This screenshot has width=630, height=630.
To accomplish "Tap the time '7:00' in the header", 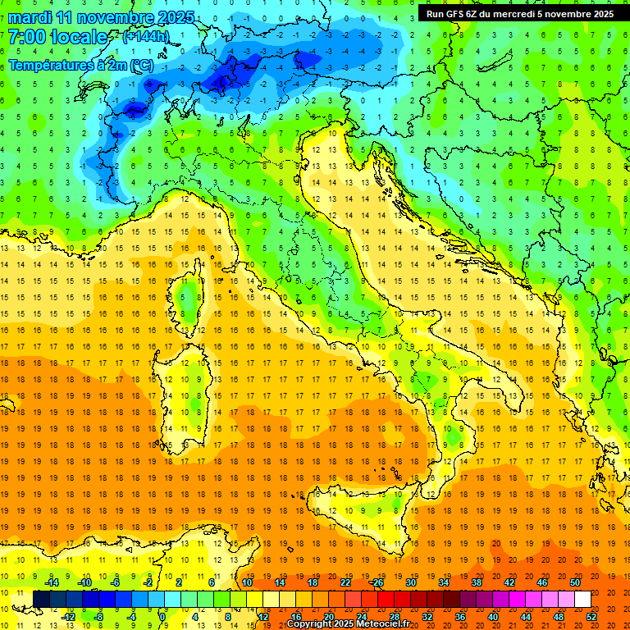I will [x=28, y=37].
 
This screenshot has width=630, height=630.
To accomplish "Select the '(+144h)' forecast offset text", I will [x=145, y=37].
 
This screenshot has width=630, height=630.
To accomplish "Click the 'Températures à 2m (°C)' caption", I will [x=80, y=65].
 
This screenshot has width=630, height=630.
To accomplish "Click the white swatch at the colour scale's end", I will [x=582, y=599].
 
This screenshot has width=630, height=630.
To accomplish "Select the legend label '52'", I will [x=592, y=617].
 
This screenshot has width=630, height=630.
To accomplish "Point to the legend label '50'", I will [x=574, y=582].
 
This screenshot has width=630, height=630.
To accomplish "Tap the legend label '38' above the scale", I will [x=476, y=582].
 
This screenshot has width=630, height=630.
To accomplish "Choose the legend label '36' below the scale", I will [x=459, y=617].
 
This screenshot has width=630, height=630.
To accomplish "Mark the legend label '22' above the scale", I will [x=345, y=582].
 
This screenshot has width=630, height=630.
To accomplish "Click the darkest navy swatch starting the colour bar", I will [x=41, y=599].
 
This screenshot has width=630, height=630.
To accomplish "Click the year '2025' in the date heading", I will [x=173, y=17].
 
